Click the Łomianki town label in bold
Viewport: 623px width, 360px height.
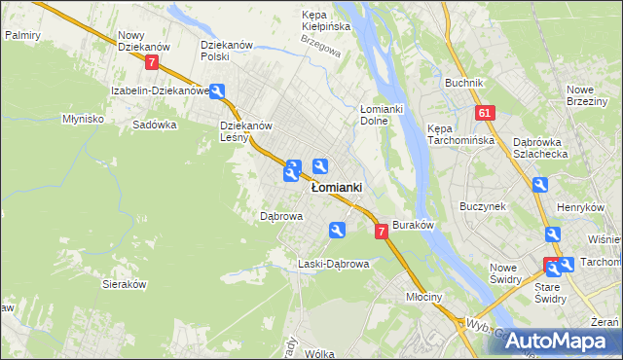click(x=337, y=188)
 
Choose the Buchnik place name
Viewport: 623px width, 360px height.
click(x=464, y=83)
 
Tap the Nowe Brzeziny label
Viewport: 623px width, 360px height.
click(x=588, y=95)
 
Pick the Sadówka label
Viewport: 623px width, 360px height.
click(x=154, y=125)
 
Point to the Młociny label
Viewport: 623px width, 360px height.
click(x=425, y=298)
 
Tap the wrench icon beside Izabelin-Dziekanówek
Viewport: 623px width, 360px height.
click(x=218, y=91)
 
